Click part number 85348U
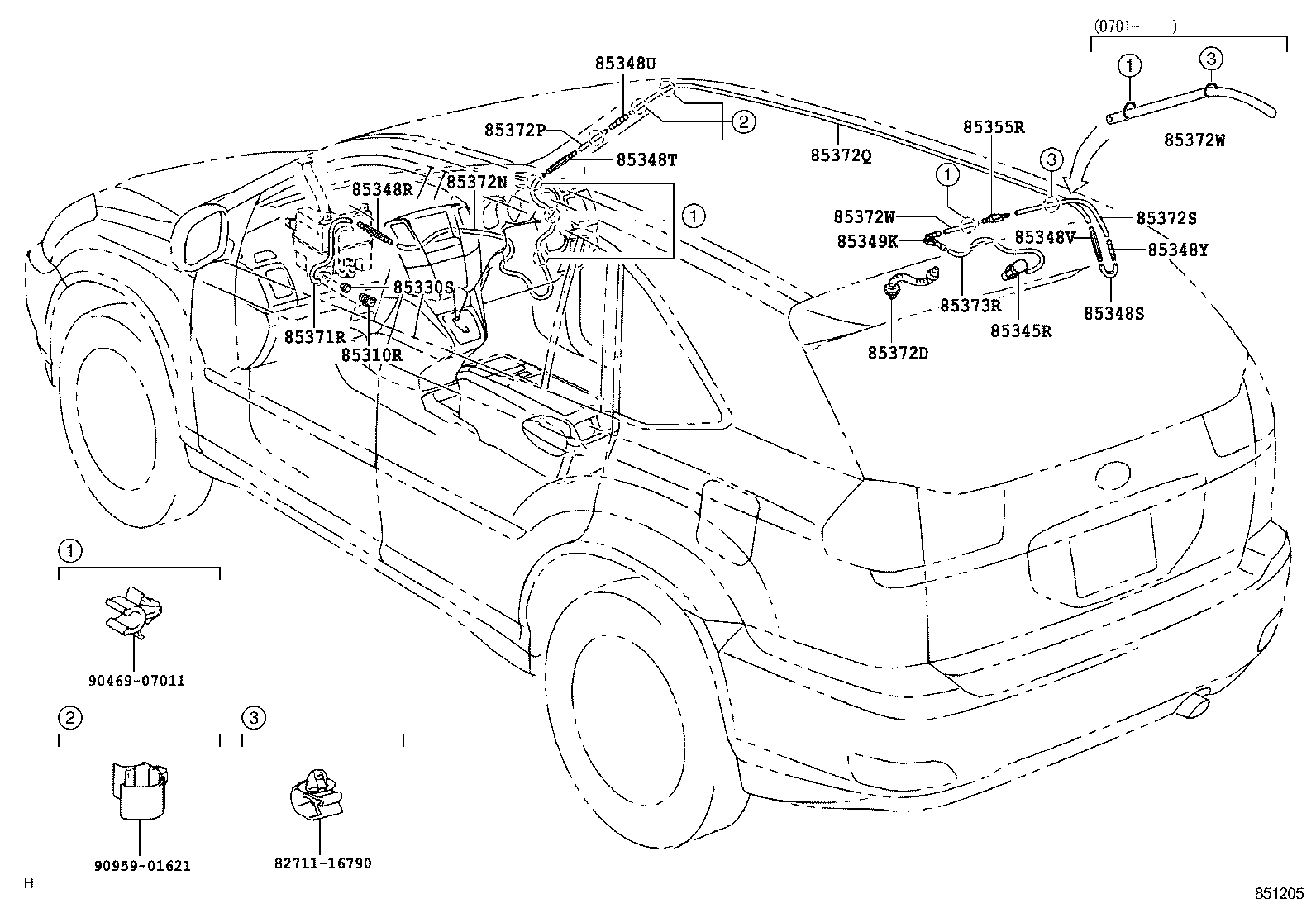(625, 63)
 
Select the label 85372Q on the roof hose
(840, 155)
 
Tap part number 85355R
(994, 127)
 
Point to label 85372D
(898, 353)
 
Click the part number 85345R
(1021, 330)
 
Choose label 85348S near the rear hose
(1113, 313)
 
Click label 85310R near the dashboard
(371, 354)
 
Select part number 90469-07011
(136, 681)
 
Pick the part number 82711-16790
(322, 863)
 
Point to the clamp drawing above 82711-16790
(317, 796)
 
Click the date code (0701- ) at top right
(1134, 26)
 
